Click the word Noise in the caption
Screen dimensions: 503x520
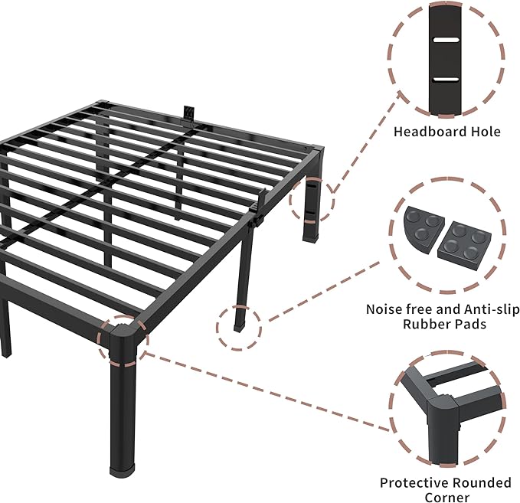pos(384,309)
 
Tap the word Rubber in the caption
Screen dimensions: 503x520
pos(427,324)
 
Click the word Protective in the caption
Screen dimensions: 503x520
pos(414,483)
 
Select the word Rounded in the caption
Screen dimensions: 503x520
pos(481,483)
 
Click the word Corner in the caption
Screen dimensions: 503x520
pos(446,498)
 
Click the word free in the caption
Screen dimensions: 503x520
pos(419,309)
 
